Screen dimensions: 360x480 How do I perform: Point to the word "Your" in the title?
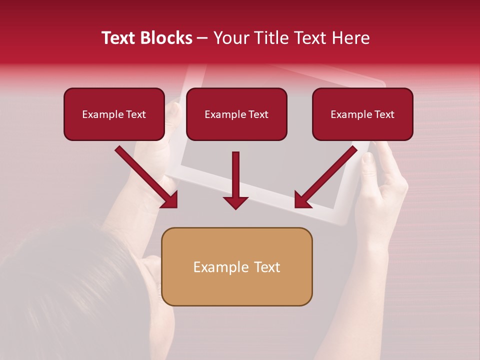click(x=231, y=38)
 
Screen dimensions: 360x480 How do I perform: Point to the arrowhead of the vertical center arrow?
click(x=235, y=202)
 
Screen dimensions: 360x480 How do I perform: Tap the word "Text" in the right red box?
click(x=384, y=114)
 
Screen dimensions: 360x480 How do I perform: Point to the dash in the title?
click(x=202, y=38)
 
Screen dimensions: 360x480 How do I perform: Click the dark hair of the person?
click(x=60, y=280)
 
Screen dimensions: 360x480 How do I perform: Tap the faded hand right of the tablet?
click(x=382, y=195)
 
